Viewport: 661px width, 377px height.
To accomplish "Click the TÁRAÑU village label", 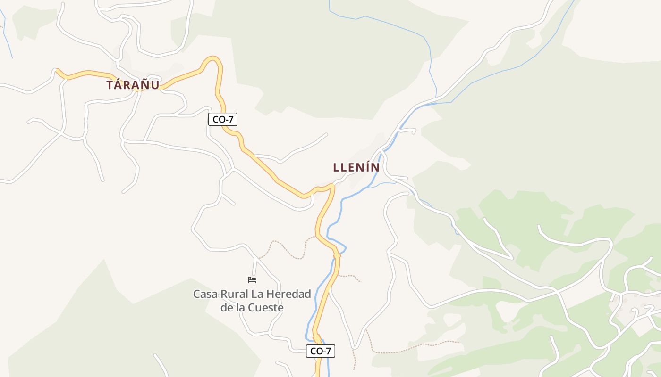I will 133,85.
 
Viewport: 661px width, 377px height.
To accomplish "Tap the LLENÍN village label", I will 356,167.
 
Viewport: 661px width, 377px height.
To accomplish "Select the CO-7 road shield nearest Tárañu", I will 222,119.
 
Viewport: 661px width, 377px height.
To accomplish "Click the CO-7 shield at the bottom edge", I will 321,351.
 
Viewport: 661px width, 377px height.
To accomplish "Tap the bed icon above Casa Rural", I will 252,280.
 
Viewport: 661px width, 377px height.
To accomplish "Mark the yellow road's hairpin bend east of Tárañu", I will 212,59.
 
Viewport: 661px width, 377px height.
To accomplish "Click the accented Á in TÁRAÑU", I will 121,85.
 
